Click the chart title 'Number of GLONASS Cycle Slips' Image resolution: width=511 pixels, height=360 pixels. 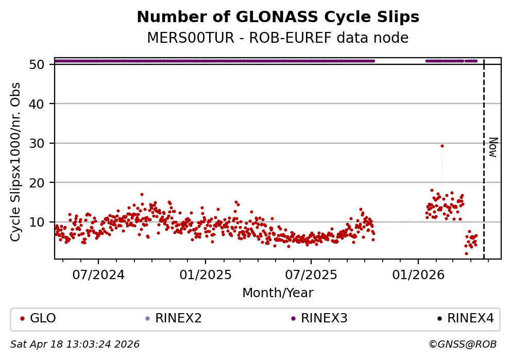pos(278,18)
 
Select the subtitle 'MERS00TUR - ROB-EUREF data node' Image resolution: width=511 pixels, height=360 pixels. pos(278,38)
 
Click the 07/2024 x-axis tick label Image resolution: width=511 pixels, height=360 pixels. pos(98,275)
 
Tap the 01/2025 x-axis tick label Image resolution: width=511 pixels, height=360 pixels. pos(205,275)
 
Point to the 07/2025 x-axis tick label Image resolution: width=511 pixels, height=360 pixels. pos(311,275)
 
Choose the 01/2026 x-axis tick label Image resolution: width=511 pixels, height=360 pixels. pos(418,275)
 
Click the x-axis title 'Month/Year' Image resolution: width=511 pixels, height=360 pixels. pos(278,293)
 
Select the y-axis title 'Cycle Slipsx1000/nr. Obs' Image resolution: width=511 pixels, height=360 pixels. pos(16,162)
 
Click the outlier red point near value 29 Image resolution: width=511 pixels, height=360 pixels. pos(442,146)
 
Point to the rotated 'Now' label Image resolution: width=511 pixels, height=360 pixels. pos(492,147)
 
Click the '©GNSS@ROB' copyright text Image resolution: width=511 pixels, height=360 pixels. pos(462,344)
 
